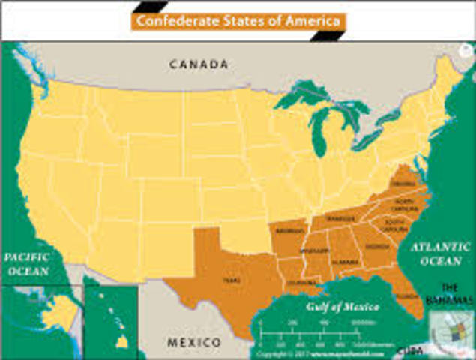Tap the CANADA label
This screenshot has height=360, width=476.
[x=199, y=64]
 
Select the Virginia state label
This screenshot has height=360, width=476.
[x=401, y=184]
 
